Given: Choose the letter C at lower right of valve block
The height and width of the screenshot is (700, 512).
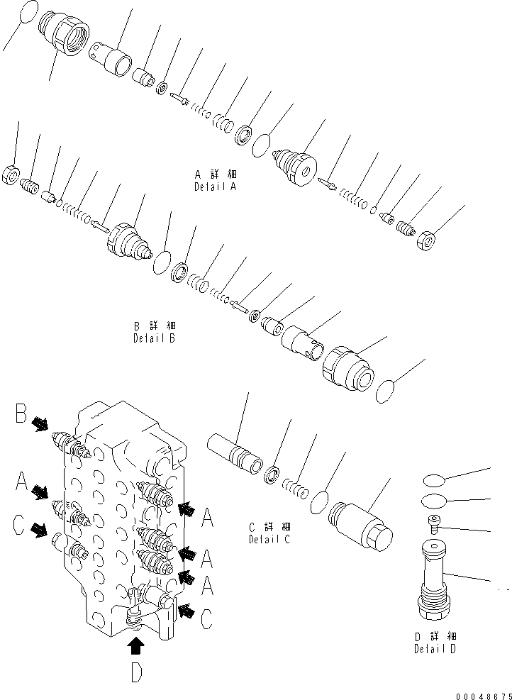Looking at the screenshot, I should click(205, 619).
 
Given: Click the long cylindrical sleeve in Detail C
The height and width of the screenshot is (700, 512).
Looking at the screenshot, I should click(234, 454).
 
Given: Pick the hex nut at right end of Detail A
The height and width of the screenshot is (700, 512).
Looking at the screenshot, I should click(425, 241).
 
